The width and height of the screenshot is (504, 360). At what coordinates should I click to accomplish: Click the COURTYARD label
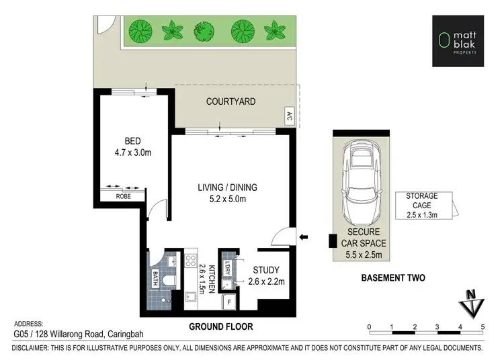pyautogui.click(x=230, y=102)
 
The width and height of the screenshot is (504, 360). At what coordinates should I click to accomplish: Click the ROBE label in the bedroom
pyautogui.click(x=122, y=197)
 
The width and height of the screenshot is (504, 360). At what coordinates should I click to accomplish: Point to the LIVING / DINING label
pyautogui.click(x=227, y=187)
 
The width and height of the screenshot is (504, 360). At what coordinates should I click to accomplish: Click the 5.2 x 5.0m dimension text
pyautogui.click(x=227, y=199)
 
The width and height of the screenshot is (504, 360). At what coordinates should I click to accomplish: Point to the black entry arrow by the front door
pyautogui.click(x=302, y=236)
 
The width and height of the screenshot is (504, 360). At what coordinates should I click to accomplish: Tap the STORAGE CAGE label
pyautogui.click(x=422, y=200)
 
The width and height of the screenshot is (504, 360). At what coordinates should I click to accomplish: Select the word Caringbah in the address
pyautogui.click(x=124, y=334)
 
